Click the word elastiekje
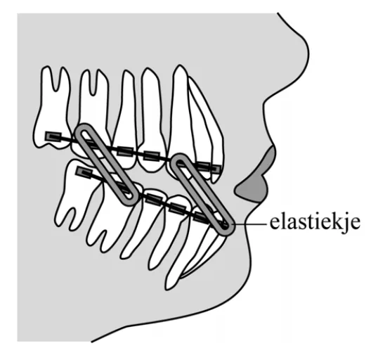(x=315, y=223)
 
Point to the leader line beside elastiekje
(x=250, y=224)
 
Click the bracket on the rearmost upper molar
(x=53, y=136)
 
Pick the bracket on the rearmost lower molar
(x=84, y=172)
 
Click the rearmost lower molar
(x=77, y=193)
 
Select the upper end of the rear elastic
(x=83, y=131)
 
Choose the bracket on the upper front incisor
(x=215, y=169)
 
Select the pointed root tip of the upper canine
(x=179, y=65)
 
